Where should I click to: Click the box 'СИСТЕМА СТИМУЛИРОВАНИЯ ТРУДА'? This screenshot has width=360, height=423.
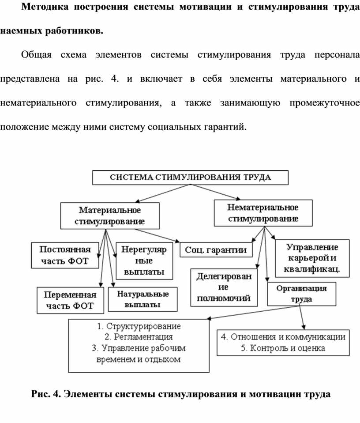(190, 178)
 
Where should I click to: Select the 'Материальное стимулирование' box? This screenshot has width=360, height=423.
(109, 215)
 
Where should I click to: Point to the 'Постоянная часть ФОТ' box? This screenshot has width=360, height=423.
(64, 255)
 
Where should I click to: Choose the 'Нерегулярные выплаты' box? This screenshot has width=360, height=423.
(141, 261)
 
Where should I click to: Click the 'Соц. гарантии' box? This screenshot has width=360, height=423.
(216, 250)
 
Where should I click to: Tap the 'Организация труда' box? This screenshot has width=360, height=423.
(301, 294)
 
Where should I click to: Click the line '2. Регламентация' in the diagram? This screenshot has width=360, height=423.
(139, 337)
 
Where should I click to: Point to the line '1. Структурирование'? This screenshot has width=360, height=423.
(139, 327)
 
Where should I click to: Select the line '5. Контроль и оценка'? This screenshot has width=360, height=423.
(283, 348)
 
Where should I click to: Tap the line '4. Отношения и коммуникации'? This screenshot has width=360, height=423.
(283, 337)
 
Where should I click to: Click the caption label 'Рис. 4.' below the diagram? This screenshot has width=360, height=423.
(45, 393)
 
